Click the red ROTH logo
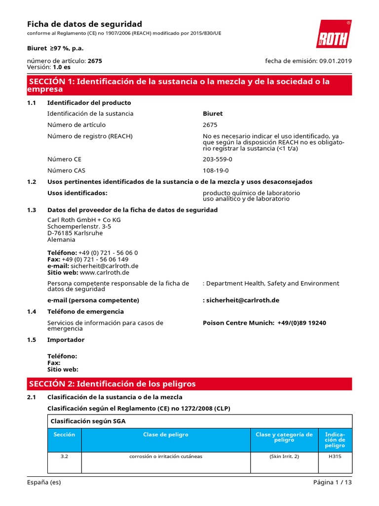click(x=334, y=34)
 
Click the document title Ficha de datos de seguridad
click(x=84, y=24)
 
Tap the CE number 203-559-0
click(x=217, y=159)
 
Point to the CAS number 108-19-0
click(x=216, y=170)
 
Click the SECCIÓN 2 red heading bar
click(x=189, y=384)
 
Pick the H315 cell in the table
click(x=335, y=457)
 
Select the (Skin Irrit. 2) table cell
click(x=284, y=457)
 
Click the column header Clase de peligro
click(x=165, y=435)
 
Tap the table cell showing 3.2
click(x=64, y=457)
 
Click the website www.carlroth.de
click(x=104, y=272)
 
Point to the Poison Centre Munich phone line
click(x=265, y=323)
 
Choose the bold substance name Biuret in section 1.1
click(x=213, y=114)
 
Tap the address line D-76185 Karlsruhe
click(x=75, y=233)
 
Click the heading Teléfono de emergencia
click(x=85, y=312)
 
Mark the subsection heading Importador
click(x=66, y=340)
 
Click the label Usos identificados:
click(x=77, y=193)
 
